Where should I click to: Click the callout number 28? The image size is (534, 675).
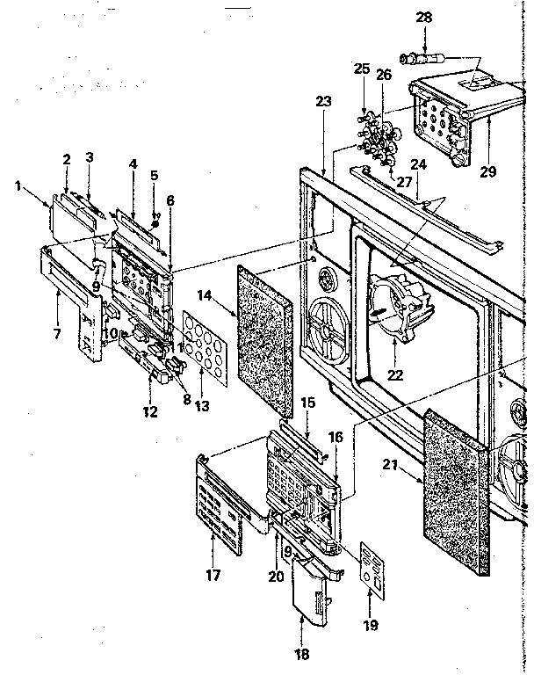(424, 18)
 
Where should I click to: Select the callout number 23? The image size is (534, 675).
(323, 101)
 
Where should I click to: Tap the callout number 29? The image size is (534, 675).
(488, 172)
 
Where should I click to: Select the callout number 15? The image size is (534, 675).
(307, 402)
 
